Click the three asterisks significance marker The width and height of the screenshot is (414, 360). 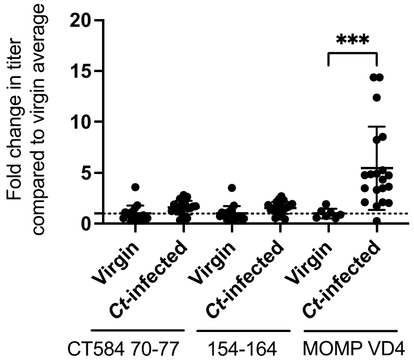click(x=353, y=41)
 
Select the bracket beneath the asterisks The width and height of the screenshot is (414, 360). click(x=353, y=55)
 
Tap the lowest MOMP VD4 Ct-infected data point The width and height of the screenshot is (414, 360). click(x=376, y=221)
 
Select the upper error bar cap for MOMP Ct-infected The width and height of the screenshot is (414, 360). click(x=376, y=127)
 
